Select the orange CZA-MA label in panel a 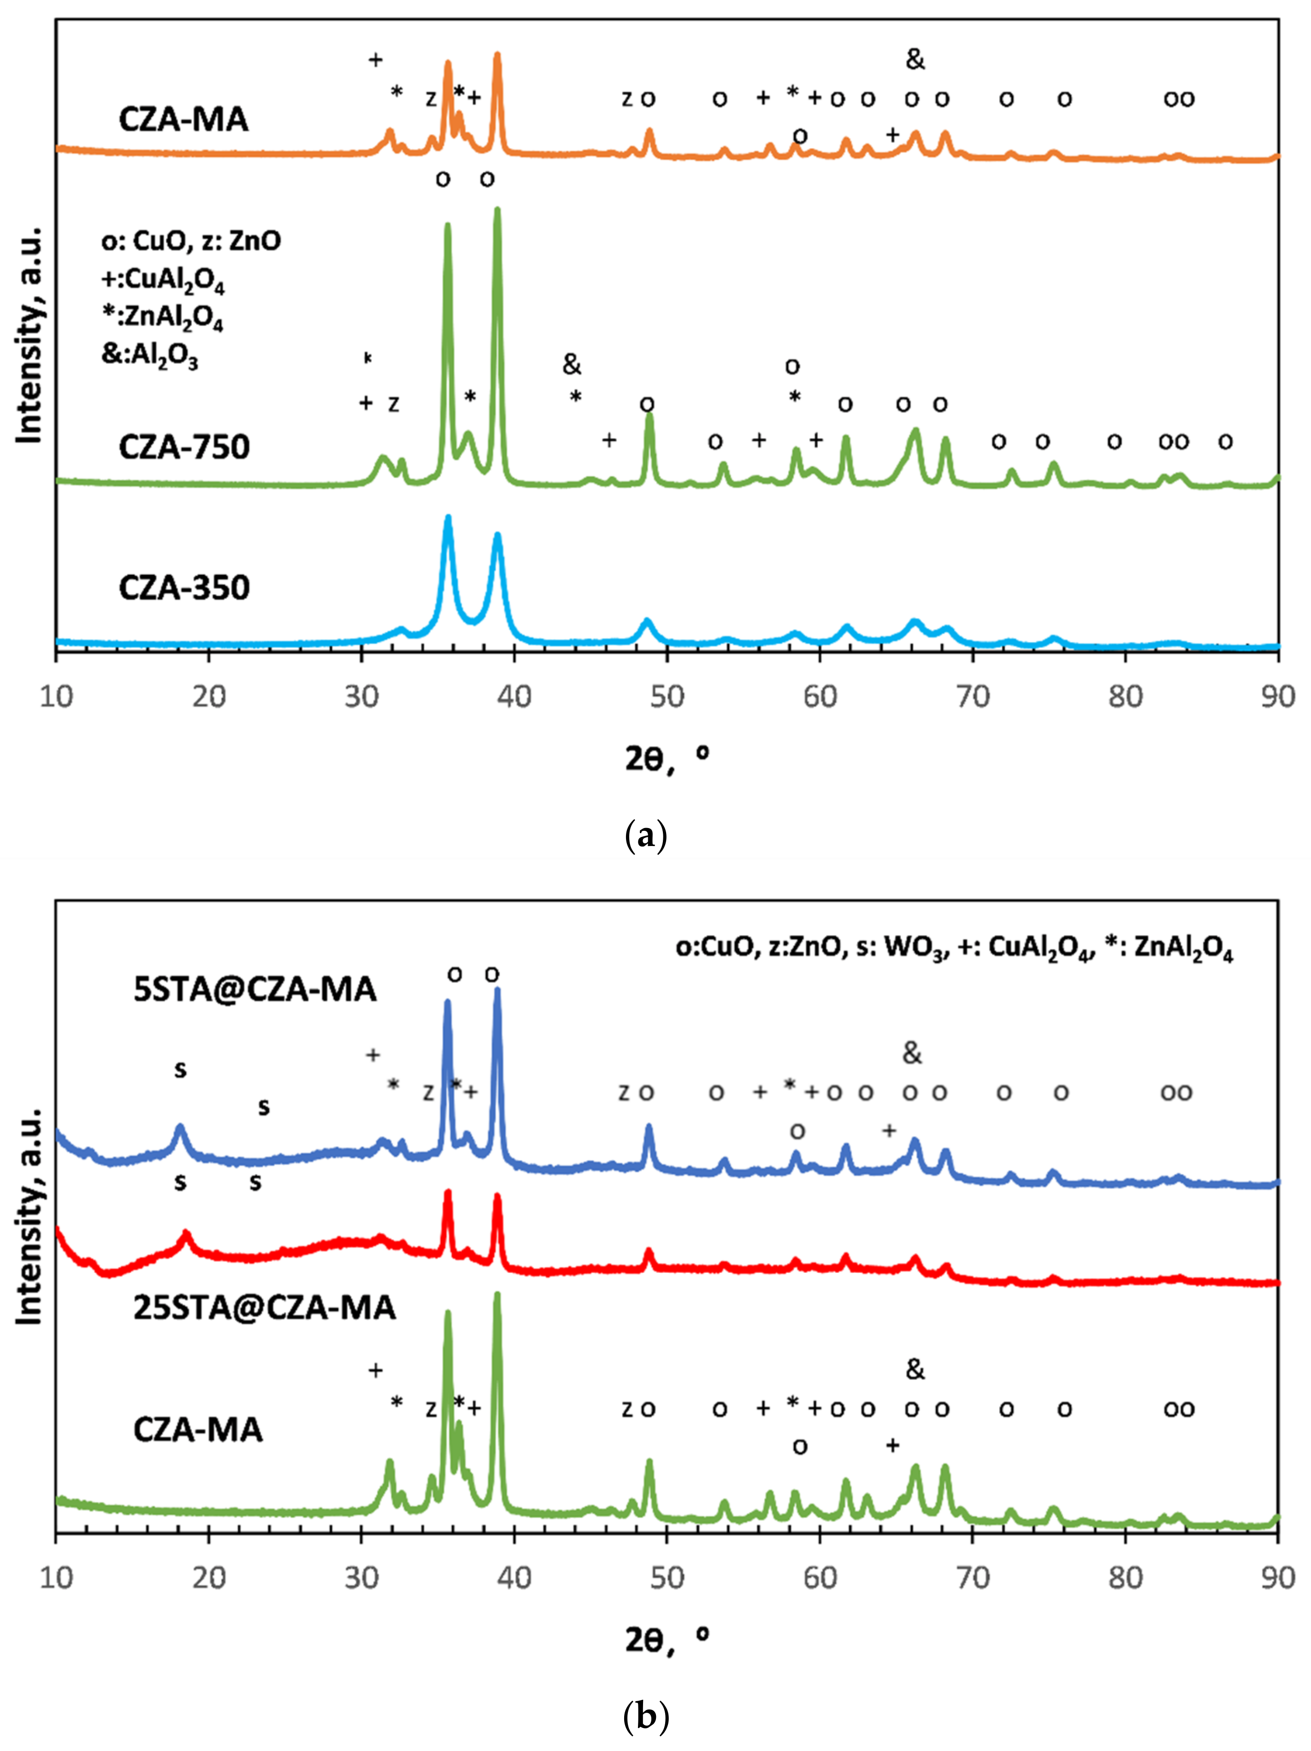point(183,119)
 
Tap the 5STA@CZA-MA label point(255,989)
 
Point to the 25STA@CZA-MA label point(265,1307)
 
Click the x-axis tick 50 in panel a point(667,697)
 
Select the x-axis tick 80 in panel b point(1125,1578)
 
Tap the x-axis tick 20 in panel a point(208,697)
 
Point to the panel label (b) point(645,1716)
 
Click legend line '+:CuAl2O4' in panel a point(162,281)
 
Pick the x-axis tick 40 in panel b point(514,1578)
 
